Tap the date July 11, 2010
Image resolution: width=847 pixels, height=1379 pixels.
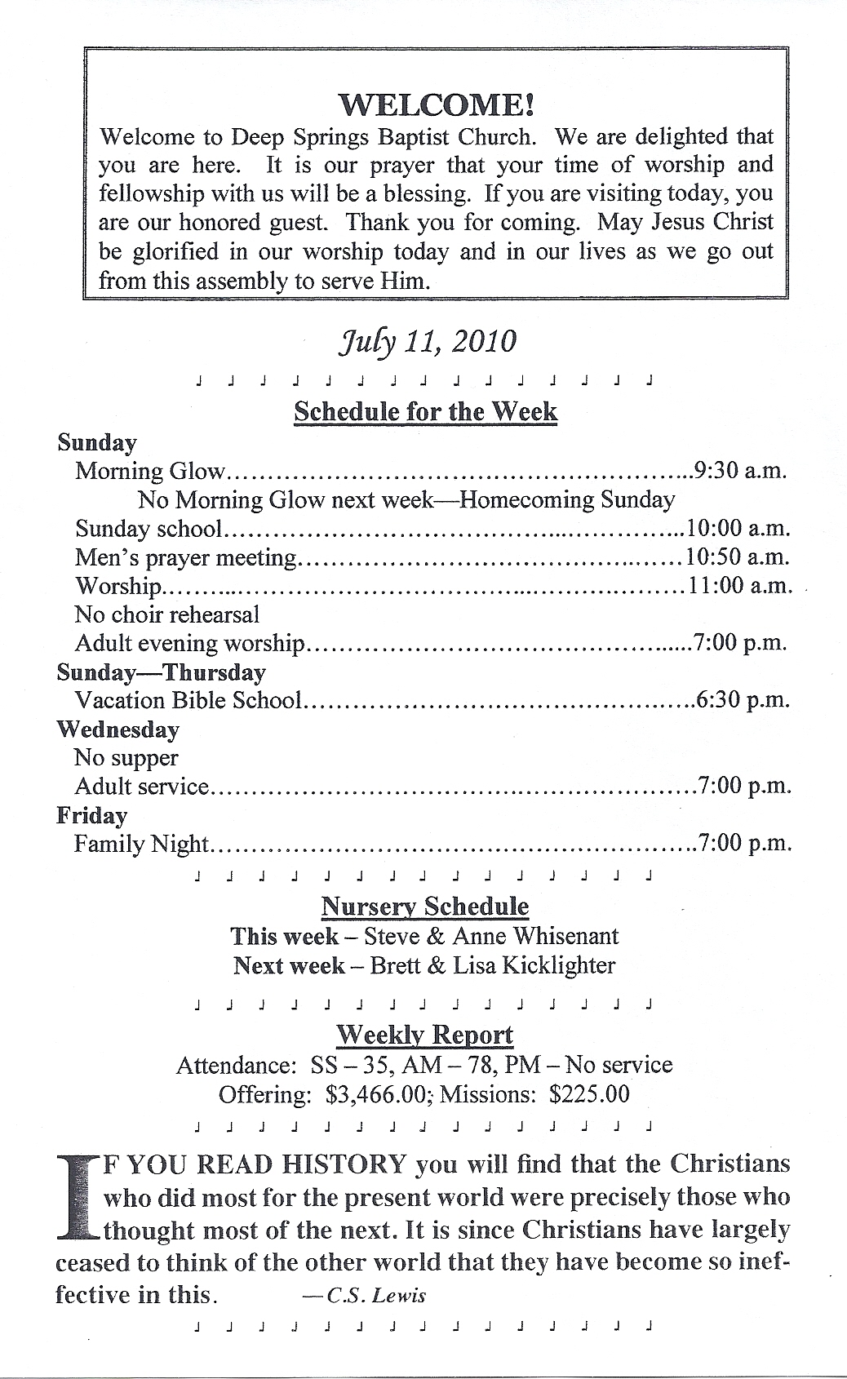tap(427, 340)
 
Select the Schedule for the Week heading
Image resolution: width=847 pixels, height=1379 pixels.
tap(425, 411)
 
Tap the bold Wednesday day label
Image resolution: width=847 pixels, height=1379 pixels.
tap(118, 729)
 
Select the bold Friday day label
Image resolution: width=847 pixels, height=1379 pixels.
tap(91, 816)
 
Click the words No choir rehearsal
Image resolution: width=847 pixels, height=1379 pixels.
tap(166, 614)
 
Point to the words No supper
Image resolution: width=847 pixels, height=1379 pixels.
tap(126, 758)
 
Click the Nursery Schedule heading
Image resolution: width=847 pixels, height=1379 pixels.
tap(425, 907)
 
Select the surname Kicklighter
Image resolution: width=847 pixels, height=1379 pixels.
tap(559, 965)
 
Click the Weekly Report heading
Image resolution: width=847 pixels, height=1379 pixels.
tap(425, 1035)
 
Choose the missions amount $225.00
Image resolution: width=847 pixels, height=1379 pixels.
tap(589, 1094)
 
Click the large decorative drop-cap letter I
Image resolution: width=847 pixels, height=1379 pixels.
tap(77, 1195)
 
